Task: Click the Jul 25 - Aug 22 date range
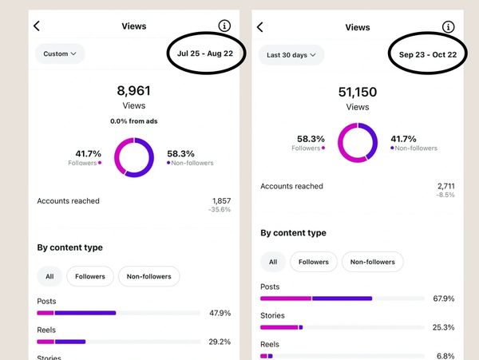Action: [206, 54]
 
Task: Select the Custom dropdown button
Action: [60, 54]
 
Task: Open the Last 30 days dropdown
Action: [291, 55]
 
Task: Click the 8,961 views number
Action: [133, 91]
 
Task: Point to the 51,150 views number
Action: [357, 92]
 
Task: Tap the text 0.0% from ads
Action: [133, 121]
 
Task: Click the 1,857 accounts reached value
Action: [220, 200]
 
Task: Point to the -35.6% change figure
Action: [220, 210]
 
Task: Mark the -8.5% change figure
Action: [445, 195]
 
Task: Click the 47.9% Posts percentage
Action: [220, 313]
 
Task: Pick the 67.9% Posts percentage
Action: [443, 299]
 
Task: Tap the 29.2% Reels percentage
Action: [220, 342]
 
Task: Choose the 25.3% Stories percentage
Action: [443, 326]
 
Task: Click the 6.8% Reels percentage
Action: [445, 355]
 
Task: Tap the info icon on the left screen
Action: [224, 26]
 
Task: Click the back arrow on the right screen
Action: [260, 27]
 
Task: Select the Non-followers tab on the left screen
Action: [149, 276]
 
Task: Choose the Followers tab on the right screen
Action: [314, 262]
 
